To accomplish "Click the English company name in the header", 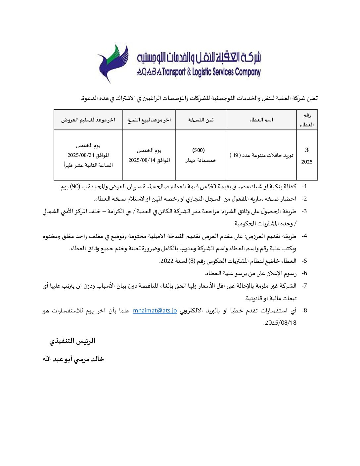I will [199, 72].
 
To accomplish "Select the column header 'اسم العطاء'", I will [261, 120].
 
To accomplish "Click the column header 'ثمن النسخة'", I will [201, 120].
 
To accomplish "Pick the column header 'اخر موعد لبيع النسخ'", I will [149, 120].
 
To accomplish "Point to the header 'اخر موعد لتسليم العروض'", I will [88, 120].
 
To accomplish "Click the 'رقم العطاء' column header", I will [307, 120].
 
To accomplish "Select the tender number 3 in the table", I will [307, 150].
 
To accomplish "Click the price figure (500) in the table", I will [199, 150].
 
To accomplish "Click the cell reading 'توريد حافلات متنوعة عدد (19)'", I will [261, 155].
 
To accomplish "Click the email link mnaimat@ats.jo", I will [155, 311].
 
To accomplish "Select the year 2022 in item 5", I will [167, 261].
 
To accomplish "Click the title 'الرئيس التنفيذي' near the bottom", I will [72, 341].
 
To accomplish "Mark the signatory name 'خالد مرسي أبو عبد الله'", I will [73, 359].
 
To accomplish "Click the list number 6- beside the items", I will [304, 273].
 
